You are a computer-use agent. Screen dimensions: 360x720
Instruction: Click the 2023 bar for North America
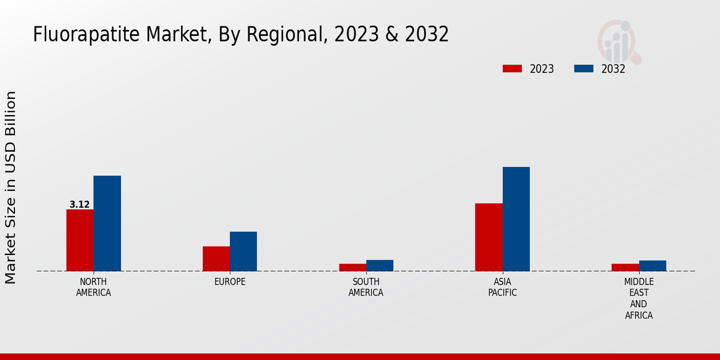click(x=80, y=240)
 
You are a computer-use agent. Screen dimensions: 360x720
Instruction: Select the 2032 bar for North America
click(x=107, y=223)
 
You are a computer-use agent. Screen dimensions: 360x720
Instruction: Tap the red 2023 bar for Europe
click(x=216, y=259)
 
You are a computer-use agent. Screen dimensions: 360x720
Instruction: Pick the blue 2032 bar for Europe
click(x=243, y=251)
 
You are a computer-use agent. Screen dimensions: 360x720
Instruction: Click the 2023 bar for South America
click(x=352, y=267)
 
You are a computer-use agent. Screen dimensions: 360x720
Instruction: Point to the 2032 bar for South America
click(x=380, y=265)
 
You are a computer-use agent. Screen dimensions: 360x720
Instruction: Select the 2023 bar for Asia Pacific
click(x=488, y=237)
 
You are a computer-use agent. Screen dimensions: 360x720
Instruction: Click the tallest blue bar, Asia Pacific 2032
click(x=516, y=219)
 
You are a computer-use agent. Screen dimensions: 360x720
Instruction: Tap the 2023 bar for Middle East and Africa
click(x=625, y=267)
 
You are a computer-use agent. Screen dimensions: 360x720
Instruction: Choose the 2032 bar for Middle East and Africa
click(x=652, y=266)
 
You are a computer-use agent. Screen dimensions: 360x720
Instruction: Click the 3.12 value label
click(x=80, y=205)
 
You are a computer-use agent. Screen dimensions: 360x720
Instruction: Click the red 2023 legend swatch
click(x=512, y=68)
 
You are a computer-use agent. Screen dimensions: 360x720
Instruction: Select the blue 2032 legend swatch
click(x=583, y=68)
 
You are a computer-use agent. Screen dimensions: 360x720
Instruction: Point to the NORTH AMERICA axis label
click(x=94, y=287)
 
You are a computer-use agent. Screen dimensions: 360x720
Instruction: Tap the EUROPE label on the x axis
click(x=230, y=282)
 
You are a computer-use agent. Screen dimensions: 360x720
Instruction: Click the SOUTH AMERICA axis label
click(x=366, y=287)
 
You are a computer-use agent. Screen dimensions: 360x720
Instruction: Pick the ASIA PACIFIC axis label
click(x=502, y=287)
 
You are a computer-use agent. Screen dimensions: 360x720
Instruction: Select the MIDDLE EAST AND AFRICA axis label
click(x=638, y=299)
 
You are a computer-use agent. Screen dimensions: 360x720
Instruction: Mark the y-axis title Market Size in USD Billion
click(x=11, y=187)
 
